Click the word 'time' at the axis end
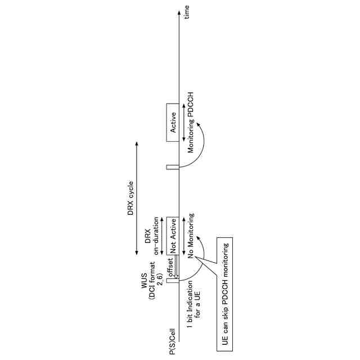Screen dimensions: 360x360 [187, 11]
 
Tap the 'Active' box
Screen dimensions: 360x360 [173, 123]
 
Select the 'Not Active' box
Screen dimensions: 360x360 [173, 236]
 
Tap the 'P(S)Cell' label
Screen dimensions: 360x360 [173, 337]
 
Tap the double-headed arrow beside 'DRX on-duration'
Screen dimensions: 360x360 [163, 236]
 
